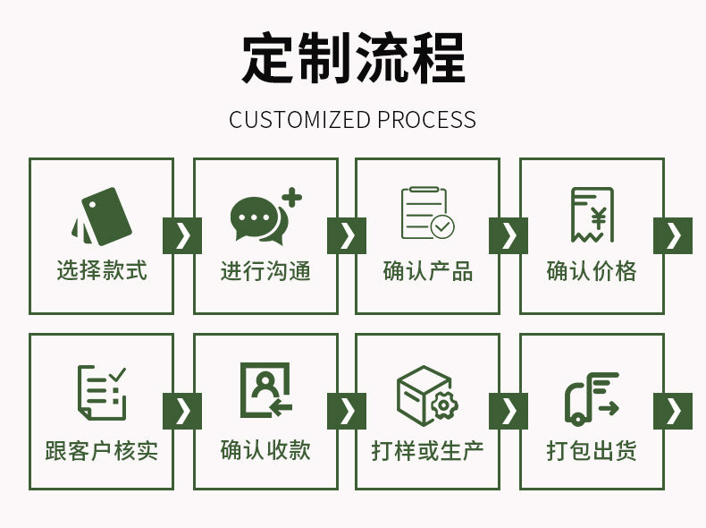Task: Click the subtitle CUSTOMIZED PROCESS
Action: coord(353,119)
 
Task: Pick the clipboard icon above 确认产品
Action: coord(427,214)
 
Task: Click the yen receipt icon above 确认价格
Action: coord(592,215)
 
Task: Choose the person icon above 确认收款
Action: coord(265,390)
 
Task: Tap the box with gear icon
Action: coord(427,395)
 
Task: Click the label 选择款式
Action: coord(102,271)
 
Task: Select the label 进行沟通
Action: coord(265,271)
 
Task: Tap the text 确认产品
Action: coord(427,271)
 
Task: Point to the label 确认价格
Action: coord(592,271)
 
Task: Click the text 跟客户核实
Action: coord(102,449)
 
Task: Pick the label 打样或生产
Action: coord(427,449)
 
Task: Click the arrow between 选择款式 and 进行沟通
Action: coord(182,235)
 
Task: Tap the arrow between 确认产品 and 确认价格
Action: coord(508,235)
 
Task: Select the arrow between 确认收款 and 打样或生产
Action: coord(347,411)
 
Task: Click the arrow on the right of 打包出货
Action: coord(673,411)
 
